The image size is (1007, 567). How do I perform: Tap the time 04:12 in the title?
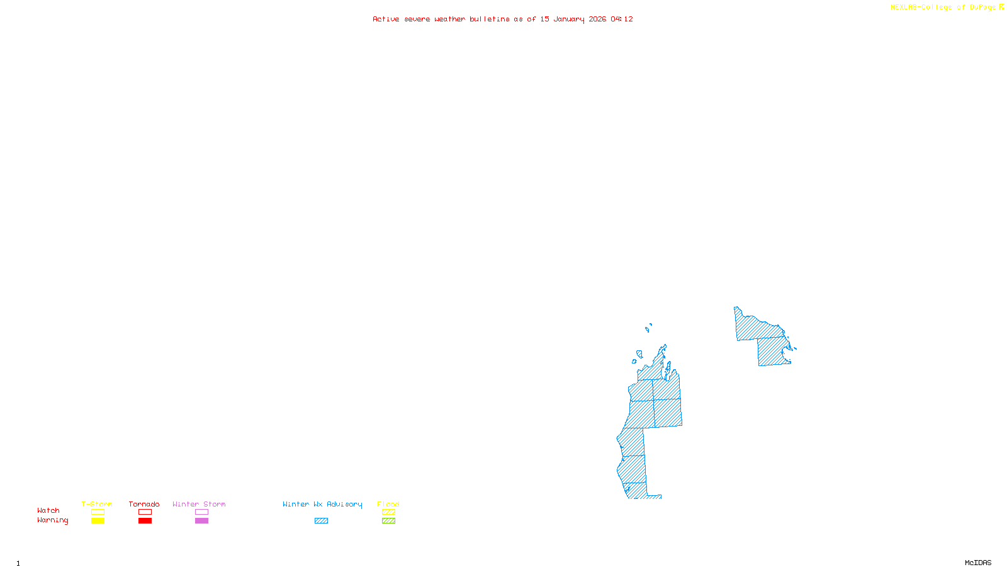coord(622,20)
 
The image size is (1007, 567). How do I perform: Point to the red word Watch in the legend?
coord(48,511)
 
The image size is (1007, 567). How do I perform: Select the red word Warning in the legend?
coord(52,520)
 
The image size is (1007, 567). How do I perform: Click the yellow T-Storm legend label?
coord(97,504)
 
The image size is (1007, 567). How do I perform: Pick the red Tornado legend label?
coord(144,504)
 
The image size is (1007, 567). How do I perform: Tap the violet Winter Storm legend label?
coord(199,504)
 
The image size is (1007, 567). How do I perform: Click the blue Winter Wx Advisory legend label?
coord(322,504)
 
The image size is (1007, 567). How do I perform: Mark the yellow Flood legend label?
coord(388,504)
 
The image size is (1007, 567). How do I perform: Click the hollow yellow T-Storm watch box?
coord(98,512)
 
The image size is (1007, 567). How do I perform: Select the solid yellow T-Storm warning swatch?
coord(98,521)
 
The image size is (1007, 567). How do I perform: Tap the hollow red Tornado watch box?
coord(145,512)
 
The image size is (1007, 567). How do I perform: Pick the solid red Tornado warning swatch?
coord(145,521)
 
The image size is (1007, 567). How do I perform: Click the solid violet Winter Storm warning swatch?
coord(201,521)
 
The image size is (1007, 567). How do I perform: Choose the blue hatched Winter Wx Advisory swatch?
coord(321,521)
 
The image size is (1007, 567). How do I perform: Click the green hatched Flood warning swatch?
coord(388,521)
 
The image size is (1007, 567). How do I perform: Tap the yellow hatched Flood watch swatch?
coord(388,512)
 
